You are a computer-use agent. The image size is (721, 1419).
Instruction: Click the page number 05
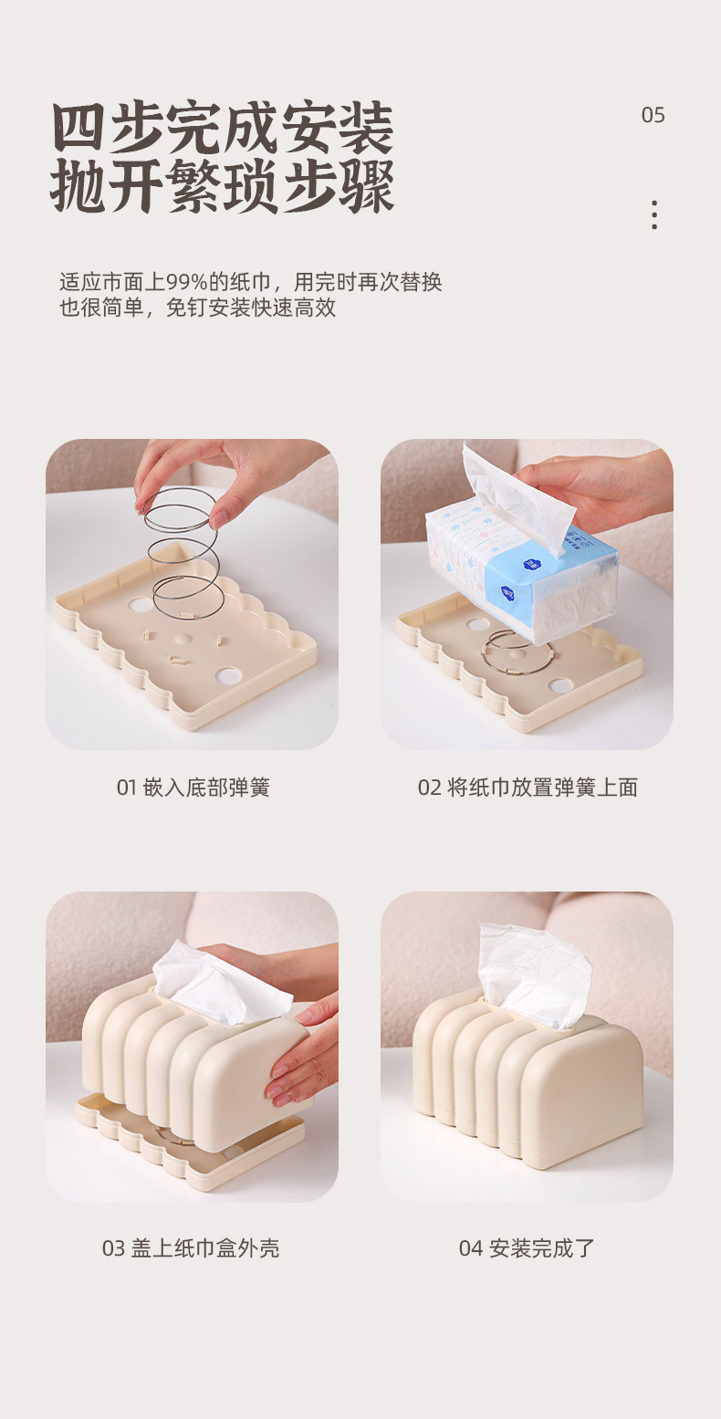(653, 115)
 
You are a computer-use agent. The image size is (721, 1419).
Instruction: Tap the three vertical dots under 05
(654, 214)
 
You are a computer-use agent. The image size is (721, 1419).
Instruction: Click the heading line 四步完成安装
(223, 129)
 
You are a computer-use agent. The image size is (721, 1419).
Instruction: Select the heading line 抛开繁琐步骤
(223, 186)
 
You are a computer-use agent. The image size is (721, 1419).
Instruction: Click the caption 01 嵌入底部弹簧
(193, 788)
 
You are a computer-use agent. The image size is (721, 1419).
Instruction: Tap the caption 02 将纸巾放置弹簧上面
(528, 788)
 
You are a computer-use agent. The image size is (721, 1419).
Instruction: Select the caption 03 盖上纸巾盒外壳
(191, 1248)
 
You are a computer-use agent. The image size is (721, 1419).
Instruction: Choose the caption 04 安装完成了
(527, 1248)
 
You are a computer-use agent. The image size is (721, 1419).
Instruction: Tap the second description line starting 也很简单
(197, 308)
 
